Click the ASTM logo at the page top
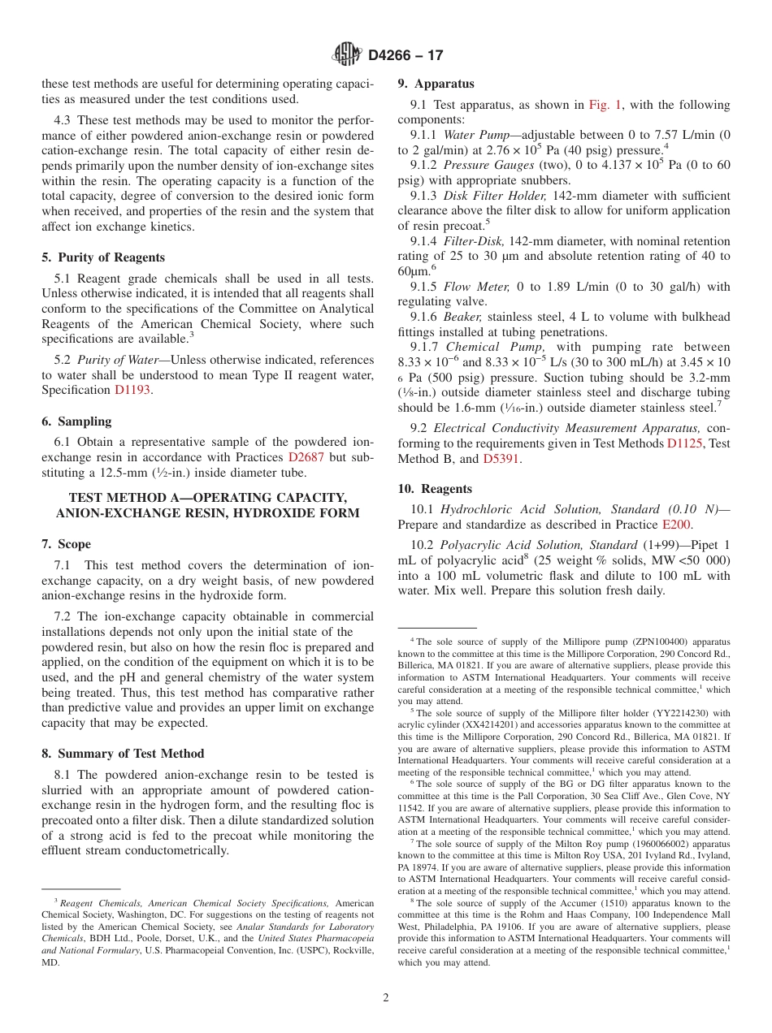click(x=347, y=54)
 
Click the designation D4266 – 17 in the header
click(x=406, y=55)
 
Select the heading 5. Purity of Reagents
click(x=103, y=257)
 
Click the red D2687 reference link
click(x=306, y=456)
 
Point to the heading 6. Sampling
click(x=76, y=421)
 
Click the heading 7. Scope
click(x=66, y=544)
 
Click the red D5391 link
click(x=501, y=459)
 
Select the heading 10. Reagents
click(x=434, y=489)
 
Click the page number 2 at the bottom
click(x=386, y=998)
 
